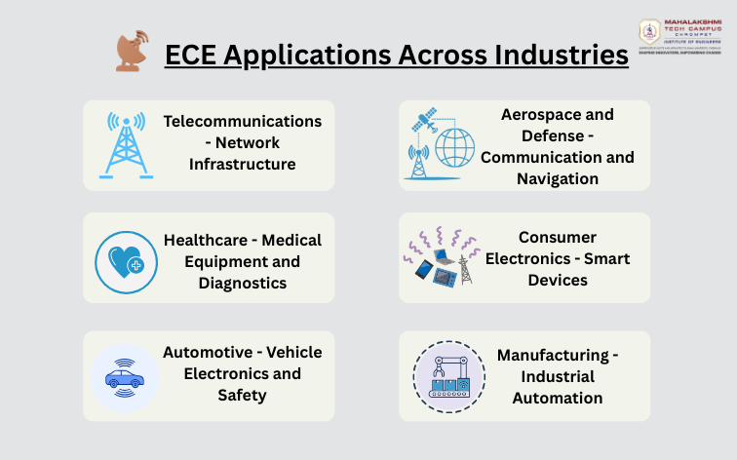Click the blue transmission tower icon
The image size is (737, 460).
point(126,145)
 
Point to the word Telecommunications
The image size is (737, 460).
point(243,121)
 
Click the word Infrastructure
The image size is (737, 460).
point(243,164)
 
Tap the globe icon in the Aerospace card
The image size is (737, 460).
point(454,147)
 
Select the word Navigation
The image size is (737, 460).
point(558,178)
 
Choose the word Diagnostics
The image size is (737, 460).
point(243,283)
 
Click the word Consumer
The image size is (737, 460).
point(558,237)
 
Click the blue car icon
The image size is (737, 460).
point(125,376)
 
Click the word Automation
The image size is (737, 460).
point(558,398)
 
